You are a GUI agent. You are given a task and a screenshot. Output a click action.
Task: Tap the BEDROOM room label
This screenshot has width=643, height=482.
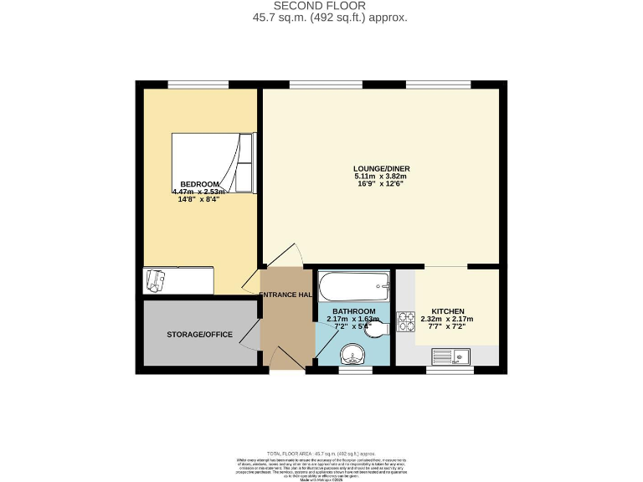(x=200, y=184)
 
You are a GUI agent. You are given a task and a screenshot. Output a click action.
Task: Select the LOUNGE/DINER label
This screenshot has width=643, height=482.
(x=381, y=168)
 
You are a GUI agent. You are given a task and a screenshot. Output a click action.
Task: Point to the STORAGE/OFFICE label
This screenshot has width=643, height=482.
(x=199, y=335)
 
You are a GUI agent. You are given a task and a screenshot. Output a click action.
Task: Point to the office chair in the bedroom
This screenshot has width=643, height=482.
(x=156, y=280)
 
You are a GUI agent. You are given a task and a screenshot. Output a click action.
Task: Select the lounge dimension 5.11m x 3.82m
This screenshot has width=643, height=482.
(x=381, y=177)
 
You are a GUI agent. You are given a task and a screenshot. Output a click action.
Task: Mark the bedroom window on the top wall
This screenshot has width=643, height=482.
(x=198, y=84)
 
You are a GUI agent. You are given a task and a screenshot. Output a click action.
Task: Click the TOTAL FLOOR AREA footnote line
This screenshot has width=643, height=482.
(x=321, y=453)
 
